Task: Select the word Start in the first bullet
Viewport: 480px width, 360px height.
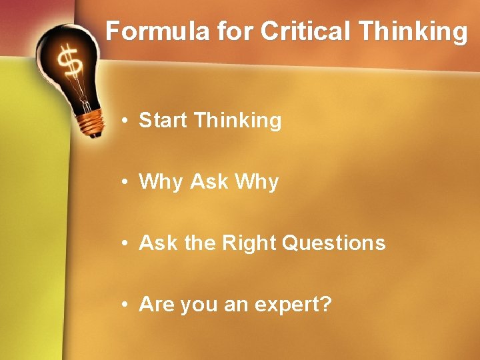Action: (163, 121)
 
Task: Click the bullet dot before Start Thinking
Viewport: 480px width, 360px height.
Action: (125, 121)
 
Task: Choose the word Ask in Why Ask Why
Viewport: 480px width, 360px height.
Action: (209, 182)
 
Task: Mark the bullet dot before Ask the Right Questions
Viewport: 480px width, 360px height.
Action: (125, 244)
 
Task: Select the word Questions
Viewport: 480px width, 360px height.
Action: (334, 243)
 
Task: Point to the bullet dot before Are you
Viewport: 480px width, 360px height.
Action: (125, 305)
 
